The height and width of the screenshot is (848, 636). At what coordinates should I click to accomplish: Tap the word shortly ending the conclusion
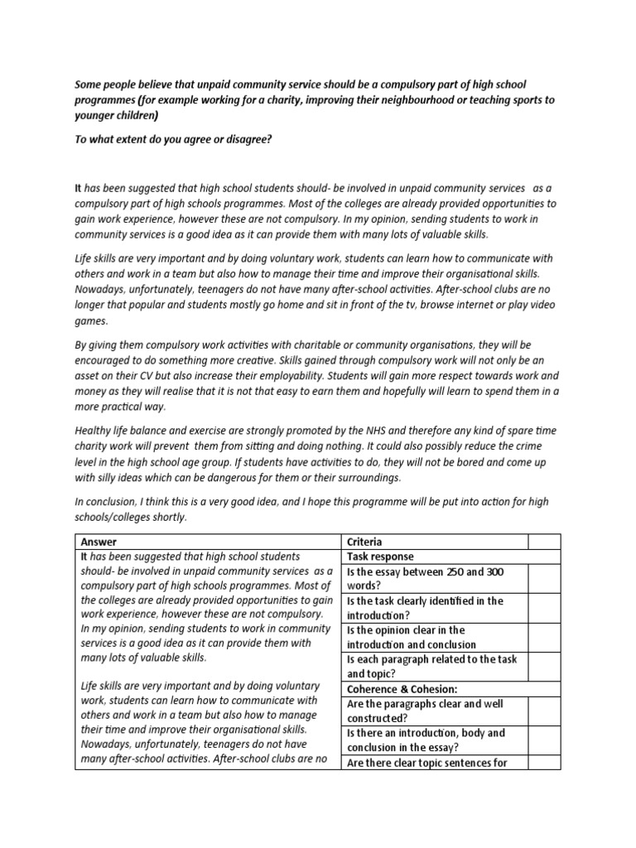(x=167, y=518)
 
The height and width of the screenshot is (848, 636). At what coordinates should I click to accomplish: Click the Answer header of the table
(x=100, y=542)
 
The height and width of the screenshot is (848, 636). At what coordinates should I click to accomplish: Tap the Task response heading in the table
(x=380, y=557)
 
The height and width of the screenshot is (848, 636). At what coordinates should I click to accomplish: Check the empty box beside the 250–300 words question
(x=544, y=579)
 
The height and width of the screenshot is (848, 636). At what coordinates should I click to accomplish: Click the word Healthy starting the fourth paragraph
(x=94, y=431)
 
